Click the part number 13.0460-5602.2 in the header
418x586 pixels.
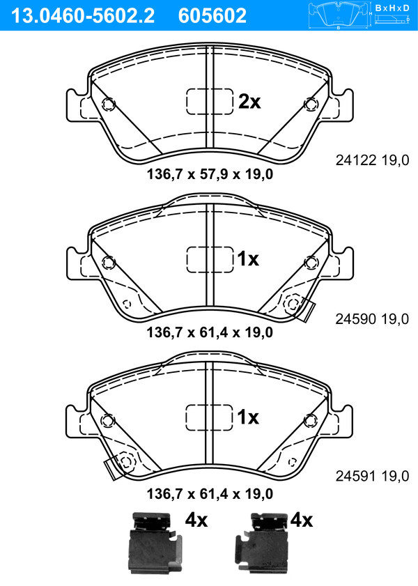(x=82, y=15)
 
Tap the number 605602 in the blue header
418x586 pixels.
(x=212, y=15)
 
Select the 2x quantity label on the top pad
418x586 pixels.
(x=249, y=101)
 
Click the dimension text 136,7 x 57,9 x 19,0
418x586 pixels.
(x=210, y=174)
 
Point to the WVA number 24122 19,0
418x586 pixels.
(x=372, y=160)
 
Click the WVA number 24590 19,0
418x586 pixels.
(x=372, y=319)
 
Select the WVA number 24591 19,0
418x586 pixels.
(x=372, y=476)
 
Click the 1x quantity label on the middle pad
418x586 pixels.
(x=248, y=259)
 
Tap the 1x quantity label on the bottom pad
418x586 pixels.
(x=248, y=417)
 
